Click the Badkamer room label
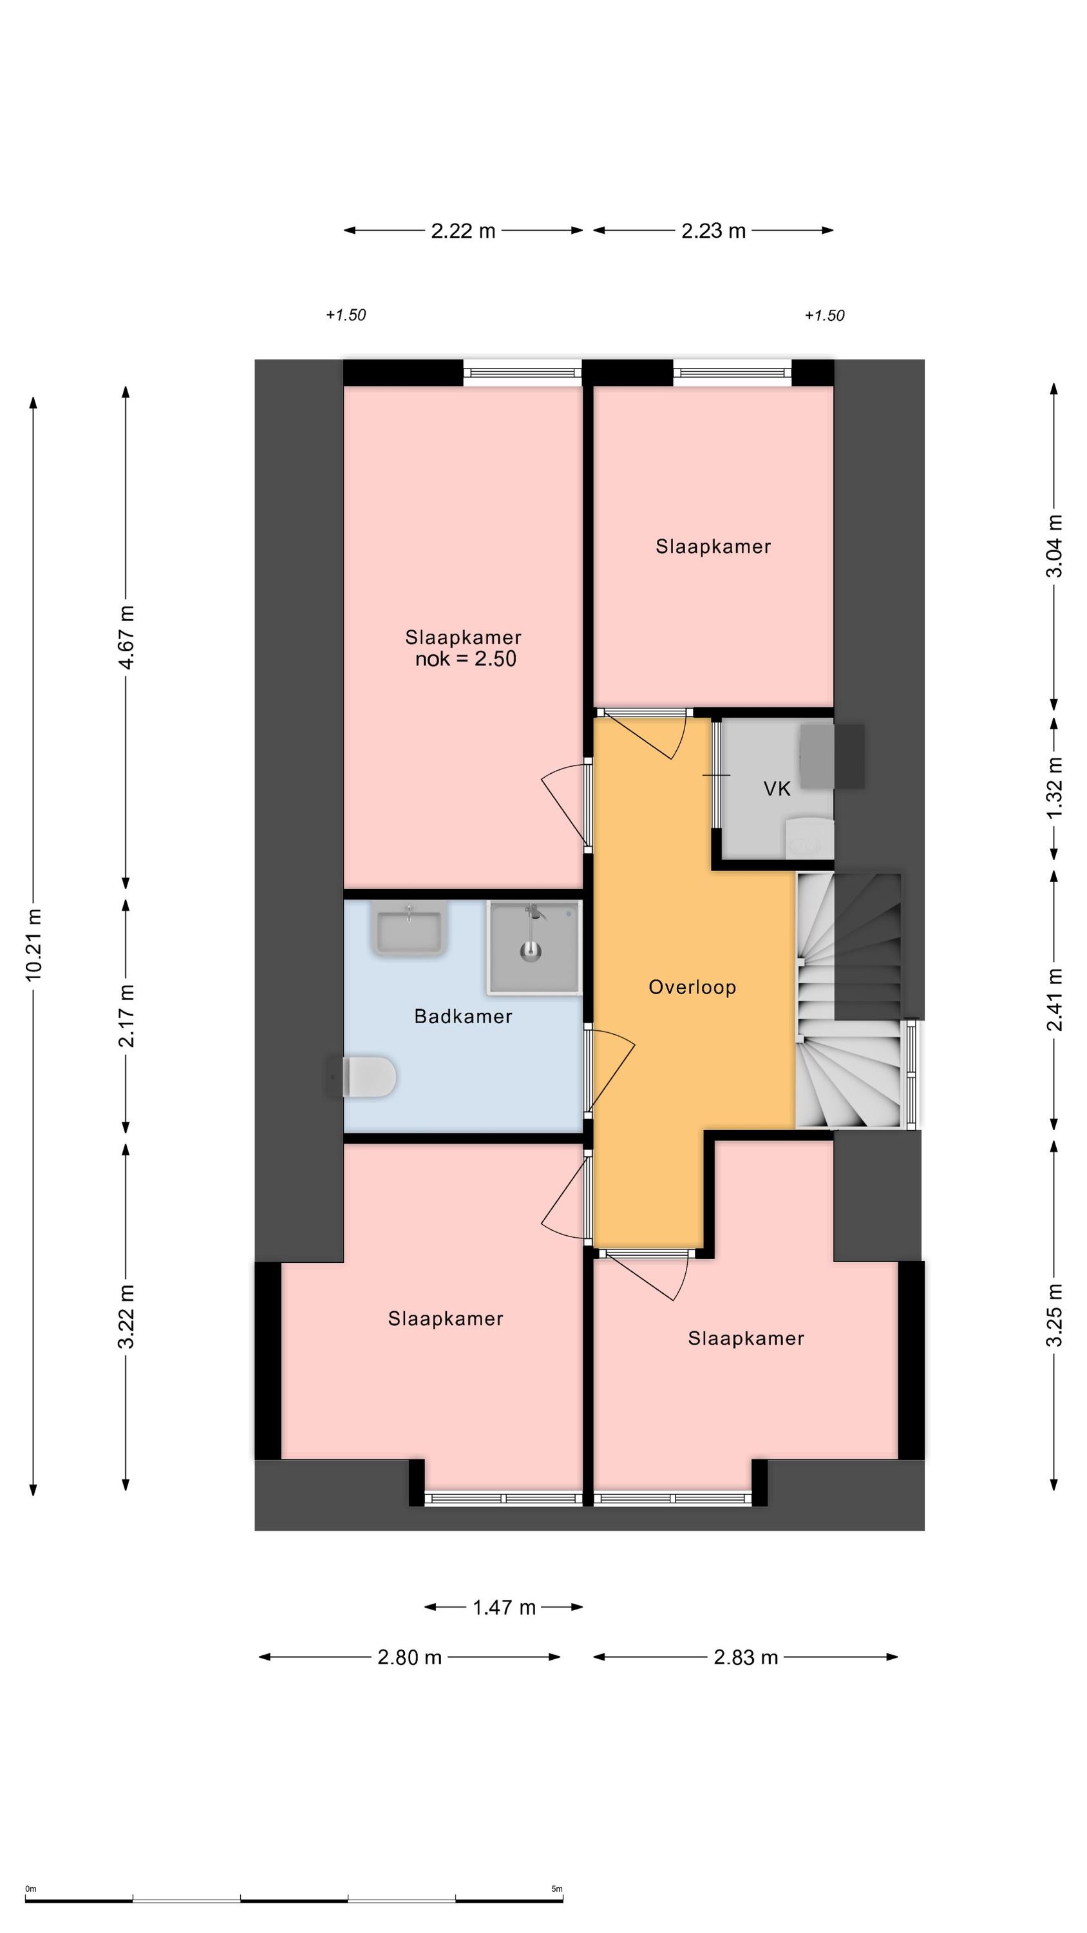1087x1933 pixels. pyautogui.click(x=463, y=1016)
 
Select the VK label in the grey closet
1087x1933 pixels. pyautogui.click(x=777, y=789)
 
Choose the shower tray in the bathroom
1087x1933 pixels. pyautogui.click(x=534, y=947)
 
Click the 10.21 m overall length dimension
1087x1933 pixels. pyautogui.click(x=33, y=944)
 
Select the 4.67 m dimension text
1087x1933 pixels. pyautogui.click(x=126, y=637)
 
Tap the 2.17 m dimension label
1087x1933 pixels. pyautogui.click(x=126, y=1015)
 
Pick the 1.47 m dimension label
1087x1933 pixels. pyautogui.click(x=504, y=1608)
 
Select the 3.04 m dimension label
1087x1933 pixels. pyautogui.click(x=1055, y=546)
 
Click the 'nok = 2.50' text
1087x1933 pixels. pyautogui.click(x=465, y=659)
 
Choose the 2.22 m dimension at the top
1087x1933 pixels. pyautogui.click(x=463, y=231)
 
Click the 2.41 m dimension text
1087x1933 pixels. pyautogui.click(x=1055, y=999)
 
